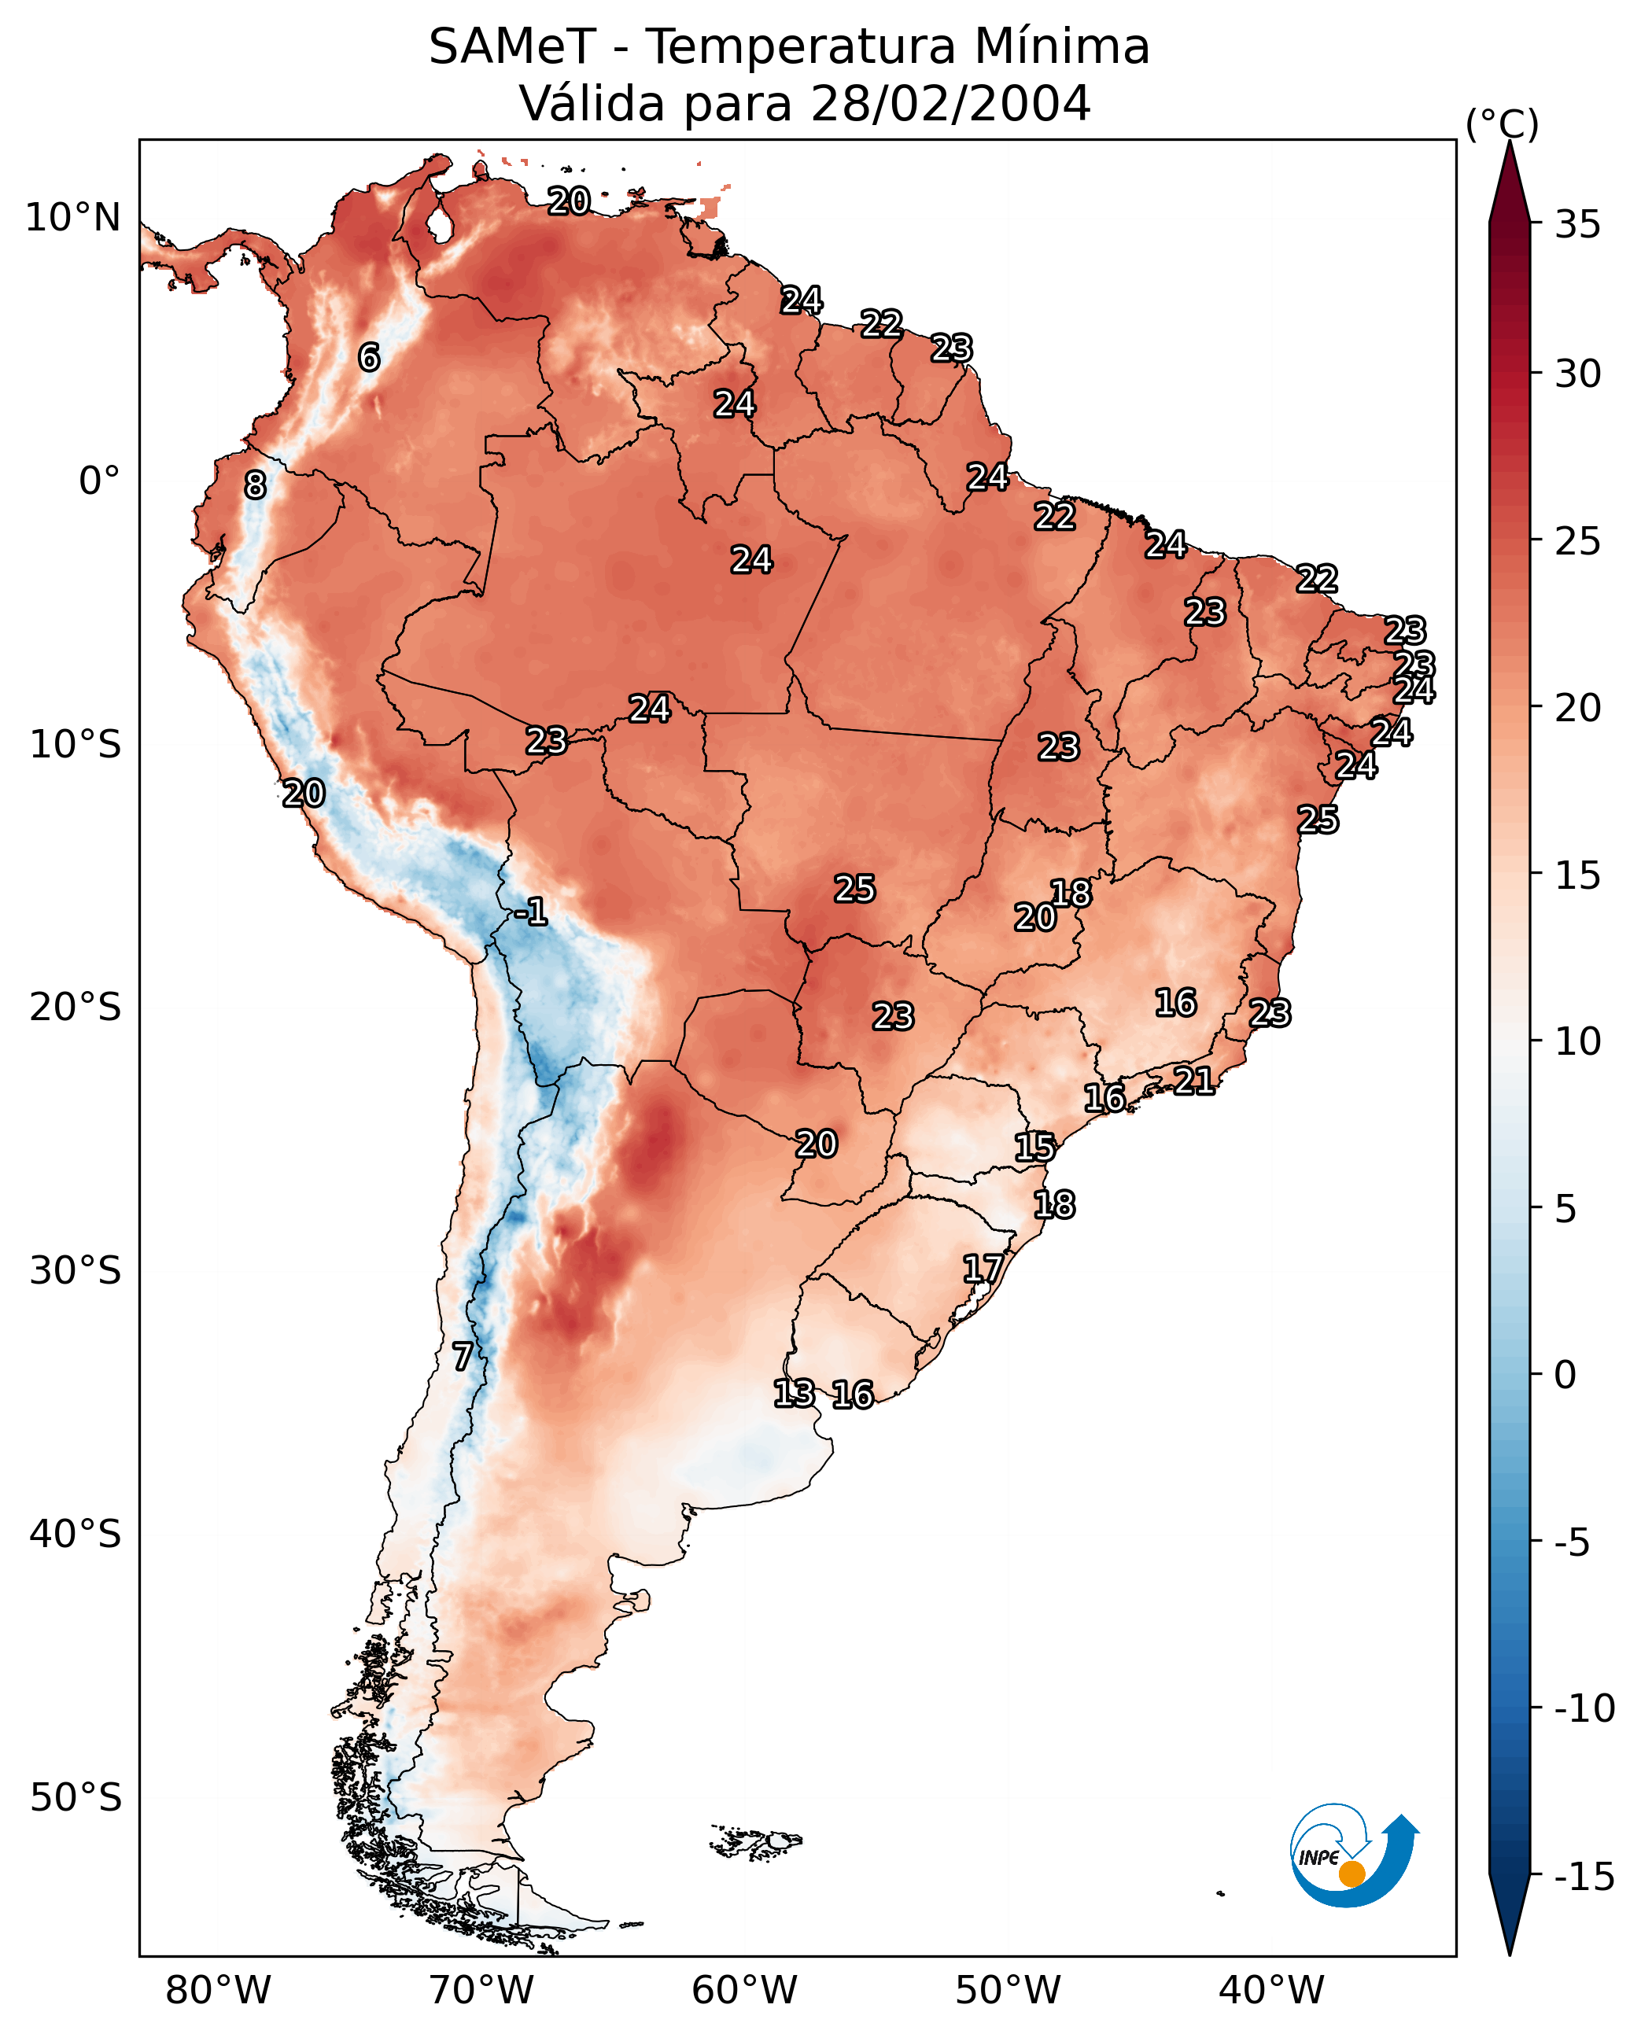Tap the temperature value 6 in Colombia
tap(369, 357)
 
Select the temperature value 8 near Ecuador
tap(255, 486)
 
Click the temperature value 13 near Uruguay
tap(794, 1393)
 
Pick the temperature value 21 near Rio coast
tap(1194, 1081)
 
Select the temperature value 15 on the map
tap(1035, 1148)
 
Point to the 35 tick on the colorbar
tap(1577, 225)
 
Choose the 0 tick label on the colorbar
tap(1565, 1375)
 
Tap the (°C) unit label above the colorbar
tap(1502, 123)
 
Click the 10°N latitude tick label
tap(73, 219)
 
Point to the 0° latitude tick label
tap(99, 481)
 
